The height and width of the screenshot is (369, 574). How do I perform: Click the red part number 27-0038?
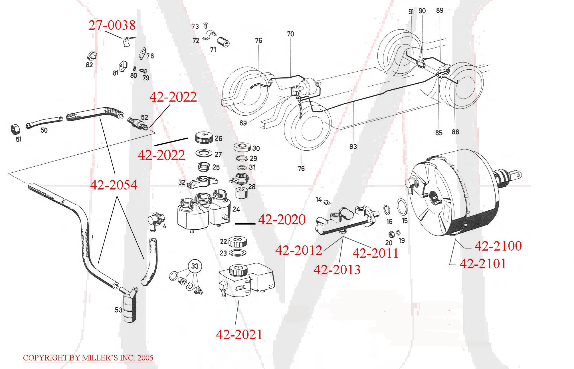click(x=112, y=25)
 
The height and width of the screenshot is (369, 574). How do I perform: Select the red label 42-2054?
click(x=114, y=185)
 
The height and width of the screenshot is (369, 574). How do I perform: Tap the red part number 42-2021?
click(x=239, y=334)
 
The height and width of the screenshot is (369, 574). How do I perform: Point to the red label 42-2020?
click(x=282, y=220)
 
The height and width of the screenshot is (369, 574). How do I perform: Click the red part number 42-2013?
click(x=337, y=269)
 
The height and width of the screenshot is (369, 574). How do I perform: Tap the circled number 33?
click(x=195, y=266)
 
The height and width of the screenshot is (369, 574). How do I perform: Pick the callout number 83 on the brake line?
click(x=353, y=146)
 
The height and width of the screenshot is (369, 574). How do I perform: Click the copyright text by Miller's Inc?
click(x=88, y=358)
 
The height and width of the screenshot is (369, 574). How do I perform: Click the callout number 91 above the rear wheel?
click(x=411, y=12)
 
